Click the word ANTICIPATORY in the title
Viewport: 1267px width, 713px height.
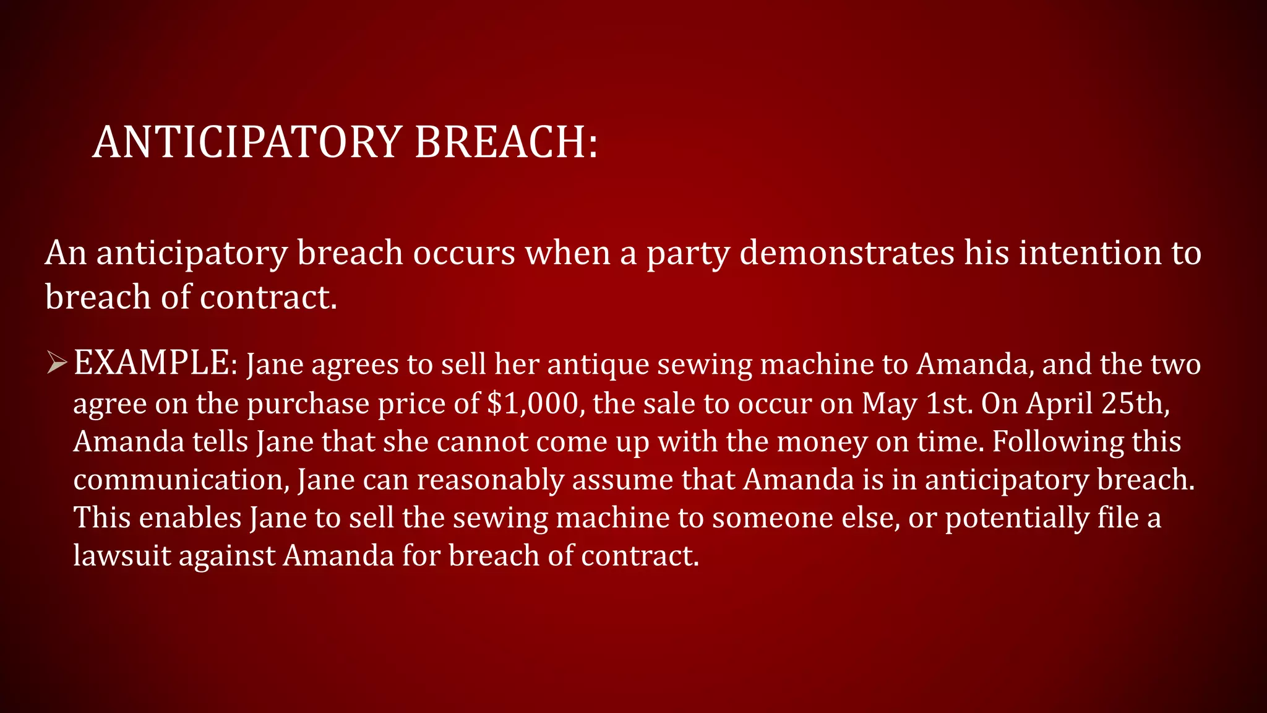pos(247,142)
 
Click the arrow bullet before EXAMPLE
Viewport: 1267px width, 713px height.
pos(56,363)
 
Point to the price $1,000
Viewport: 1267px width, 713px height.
pos(533,404)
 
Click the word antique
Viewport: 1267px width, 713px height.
pos(598,365)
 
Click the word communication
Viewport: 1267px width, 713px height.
pos(181,480)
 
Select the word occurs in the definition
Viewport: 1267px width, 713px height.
pos(464,254)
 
